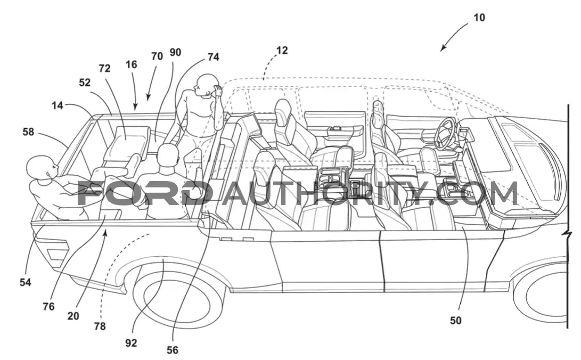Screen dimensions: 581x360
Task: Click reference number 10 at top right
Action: pos(479,18)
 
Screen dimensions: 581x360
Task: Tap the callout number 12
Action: pos(282,50)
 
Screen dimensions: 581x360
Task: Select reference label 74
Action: pos(213,56)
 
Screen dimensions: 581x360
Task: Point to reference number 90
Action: pos(175,52)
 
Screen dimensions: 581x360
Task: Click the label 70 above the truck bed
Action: pos(157,56)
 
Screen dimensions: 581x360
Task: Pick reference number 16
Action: pos(131,64)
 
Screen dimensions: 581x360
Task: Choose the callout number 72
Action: pos(104,69)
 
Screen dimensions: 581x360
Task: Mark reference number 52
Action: pos(85,82)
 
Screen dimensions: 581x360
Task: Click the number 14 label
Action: pos(57,105)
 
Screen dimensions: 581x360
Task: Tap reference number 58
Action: pos(28,132)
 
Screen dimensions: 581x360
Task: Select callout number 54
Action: pos(25,282)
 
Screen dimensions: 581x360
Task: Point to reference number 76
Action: pos(48,307)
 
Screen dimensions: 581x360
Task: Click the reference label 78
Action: pos(100,326)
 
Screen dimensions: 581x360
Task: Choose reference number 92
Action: pos(131,343)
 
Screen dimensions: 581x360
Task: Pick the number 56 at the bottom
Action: pos(173,350)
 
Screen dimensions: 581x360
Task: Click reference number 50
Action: pos(455,321)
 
